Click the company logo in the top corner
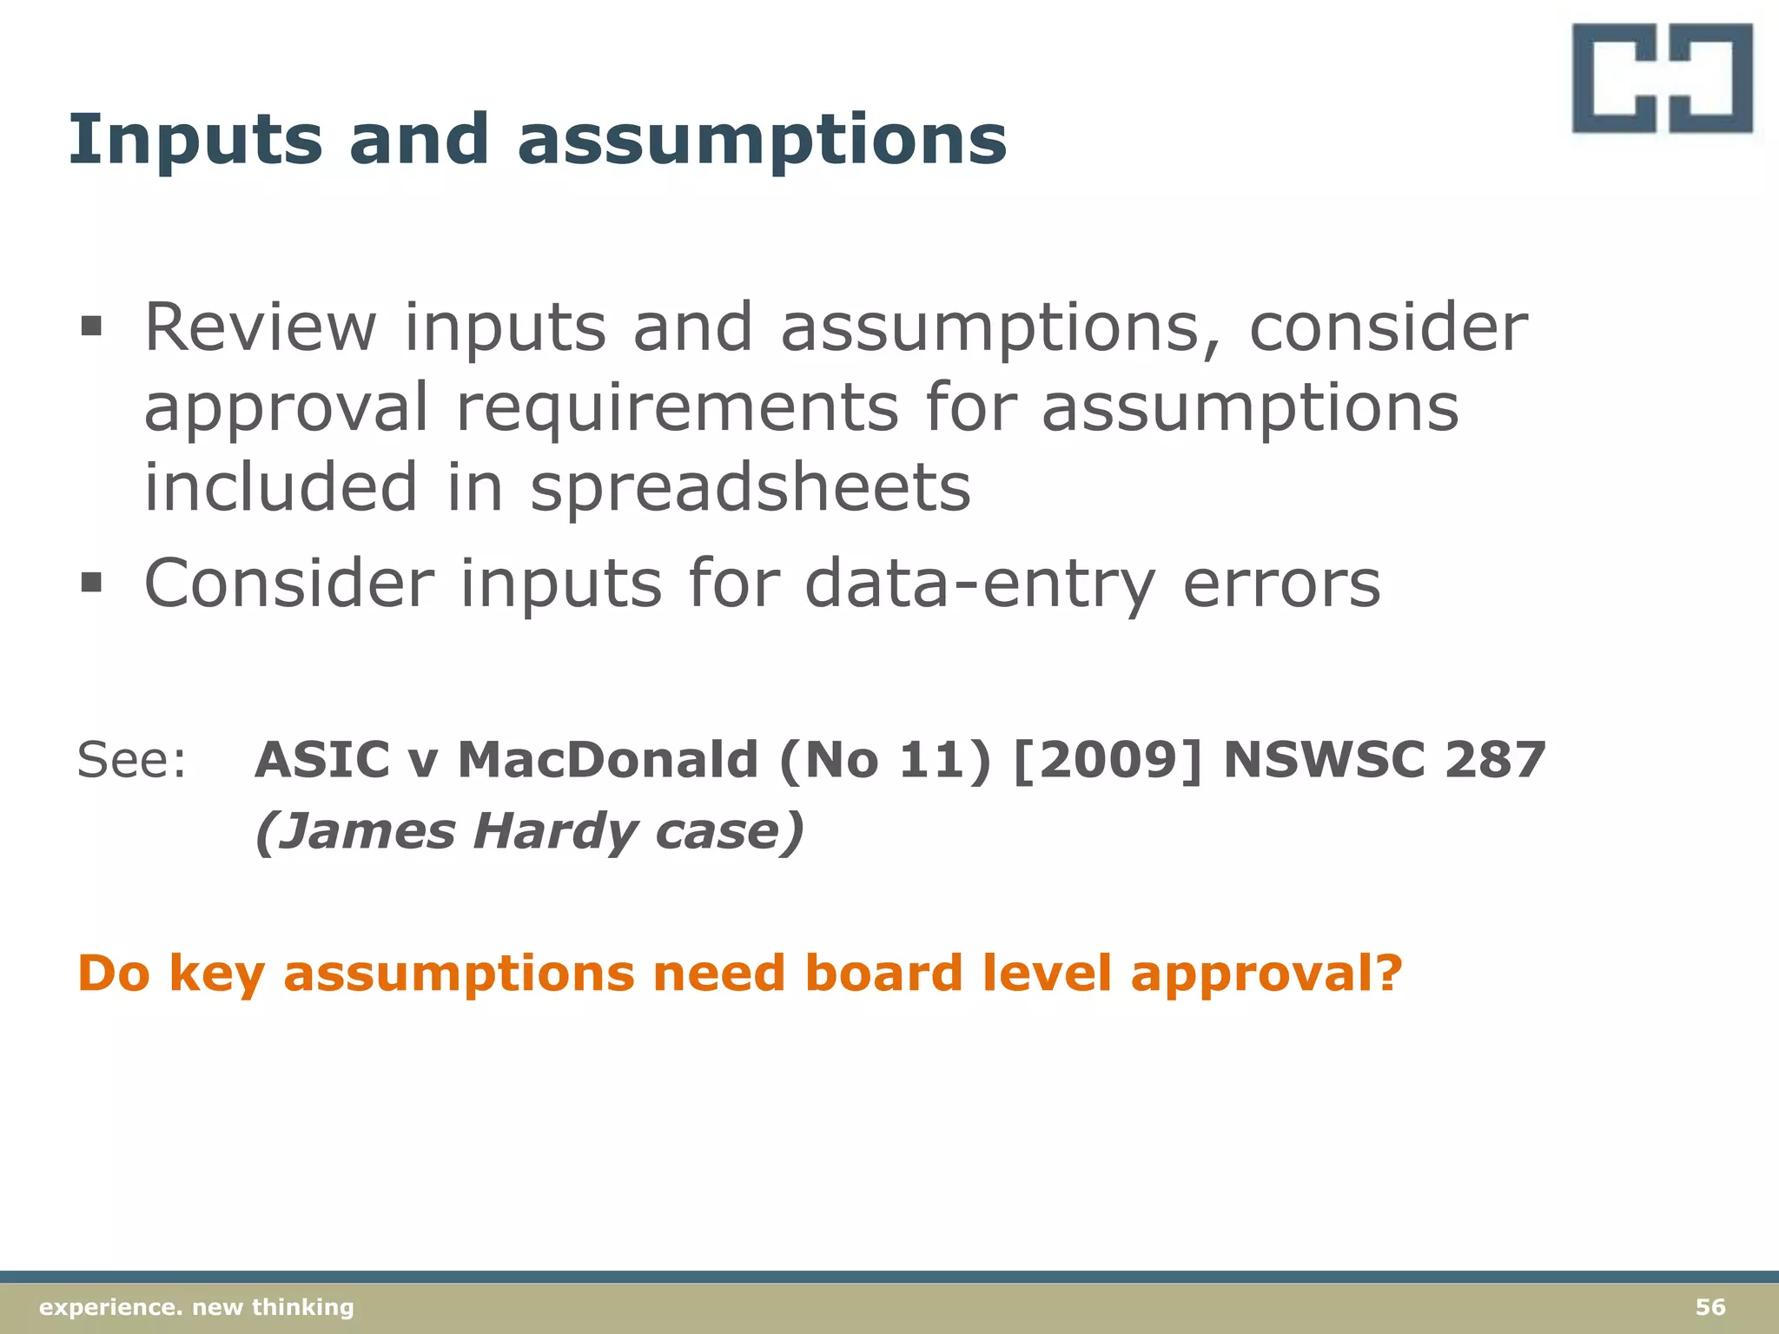click(x=1662, y=79)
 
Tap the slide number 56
click(x=1710, y=1307)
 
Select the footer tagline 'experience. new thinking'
click(x=197, y=1307)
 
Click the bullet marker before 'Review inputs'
click(x=90, y=327)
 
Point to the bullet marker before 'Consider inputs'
click(x=90, y=582)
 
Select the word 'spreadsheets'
click(x=751, y=489)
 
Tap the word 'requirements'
click(x=678, y=408)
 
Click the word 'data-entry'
click(x=981, y=584)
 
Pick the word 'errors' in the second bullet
click(x=1281, y=584)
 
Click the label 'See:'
click(x=132, y=760)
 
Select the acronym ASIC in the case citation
click(x=322, y=760)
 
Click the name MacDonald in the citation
click(x=608, y=760)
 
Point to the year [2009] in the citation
click(x=1108, y=760)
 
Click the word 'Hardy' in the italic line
click(x=556, y=832)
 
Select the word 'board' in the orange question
click(x=883, y=973)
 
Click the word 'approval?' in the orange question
click(x=1266, y=974)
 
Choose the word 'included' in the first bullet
click(x=281, y=487)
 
